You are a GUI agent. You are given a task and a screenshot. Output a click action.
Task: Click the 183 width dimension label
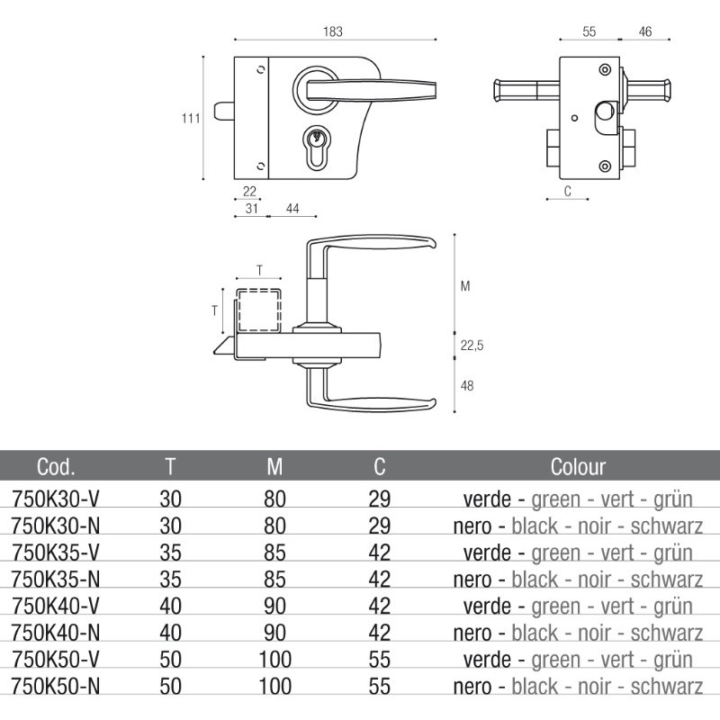point(333,31)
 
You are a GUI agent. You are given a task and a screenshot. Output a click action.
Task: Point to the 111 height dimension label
point(189,119)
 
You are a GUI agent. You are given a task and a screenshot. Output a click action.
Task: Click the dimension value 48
point(467,385)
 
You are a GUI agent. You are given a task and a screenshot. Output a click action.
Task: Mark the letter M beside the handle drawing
point(465,286)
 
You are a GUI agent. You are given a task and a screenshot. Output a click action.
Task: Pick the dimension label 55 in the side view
point(589,31)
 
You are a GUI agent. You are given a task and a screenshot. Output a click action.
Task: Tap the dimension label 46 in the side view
point(645,31)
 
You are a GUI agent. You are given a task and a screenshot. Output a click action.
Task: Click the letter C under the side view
point(567,191)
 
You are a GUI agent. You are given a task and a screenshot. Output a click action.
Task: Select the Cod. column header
point(56,466)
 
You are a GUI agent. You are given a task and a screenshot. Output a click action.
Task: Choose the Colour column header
point(578,466)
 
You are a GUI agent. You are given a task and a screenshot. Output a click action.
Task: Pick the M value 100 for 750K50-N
point(274,687)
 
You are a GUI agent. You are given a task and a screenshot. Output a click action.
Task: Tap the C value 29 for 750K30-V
point(380,498)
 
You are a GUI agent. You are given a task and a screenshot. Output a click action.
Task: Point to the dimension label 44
point(292,208)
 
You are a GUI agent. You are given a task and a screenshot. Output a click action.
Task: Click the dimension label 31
point(251,208)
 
